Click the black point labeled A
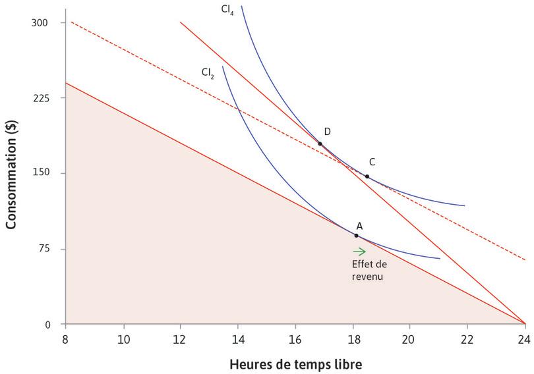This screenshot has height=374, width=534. [357, 235]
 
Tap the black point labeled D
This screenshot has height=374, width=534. [320, 144]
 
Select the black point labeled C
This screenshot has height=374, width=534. [367, 176]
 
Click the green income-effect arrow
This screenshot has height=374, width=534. [359, 251]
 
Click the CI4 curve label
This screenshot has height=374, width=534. [228, 11]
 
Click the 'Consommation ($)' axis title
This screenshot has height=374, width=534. [11, 174]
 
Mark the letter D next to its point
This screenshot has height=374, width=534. [327, 132]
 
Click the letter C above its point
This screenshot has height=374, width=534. [372, 162]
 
